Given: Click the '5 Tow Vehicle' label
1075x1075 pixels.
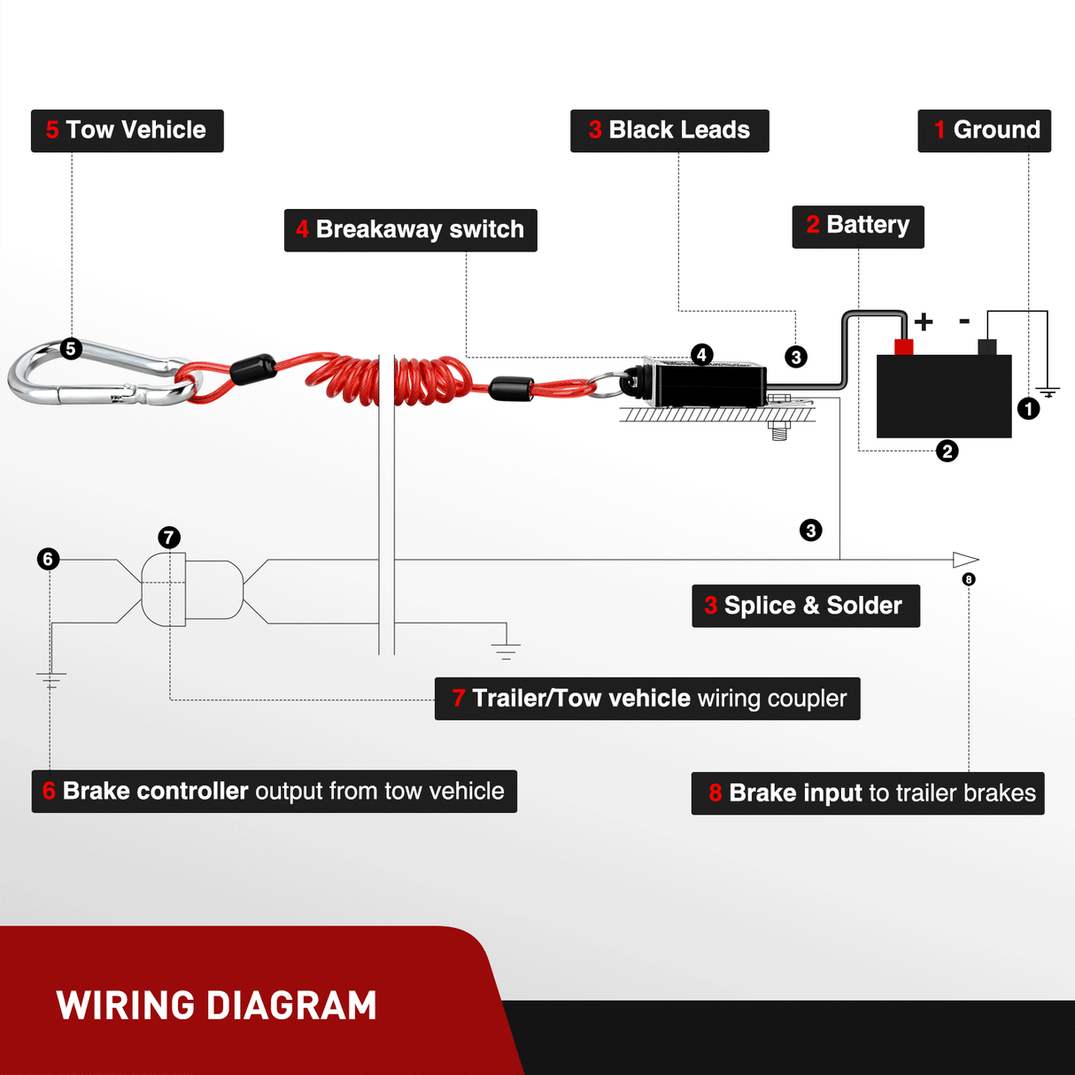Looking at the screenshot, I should point(127,131).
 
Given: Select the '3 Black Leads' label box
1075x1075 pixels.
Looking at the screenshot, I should point(669,131).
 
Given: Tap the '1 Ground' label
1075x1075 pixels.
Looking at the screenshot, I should point(984,131).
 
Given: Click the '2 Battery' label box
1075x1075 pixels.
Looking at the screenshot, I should point(857,227).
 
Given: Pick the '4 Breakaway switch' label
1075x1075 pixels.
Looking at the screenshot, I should point(410,230).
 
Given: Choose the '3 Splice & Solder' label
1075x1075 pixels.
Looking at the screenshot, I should point(805,606).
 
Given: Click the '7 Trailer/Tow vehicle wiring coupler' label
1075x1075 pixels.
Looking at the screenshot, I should point(646,699).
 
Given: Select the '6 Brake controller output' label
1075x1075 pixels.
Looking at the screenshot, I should point(274,792).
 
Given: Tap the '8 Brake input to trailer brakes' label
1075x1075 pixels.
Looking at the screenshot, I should point(867,793).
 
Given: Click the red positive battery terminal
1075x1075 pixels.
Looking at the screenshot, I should point(903,346).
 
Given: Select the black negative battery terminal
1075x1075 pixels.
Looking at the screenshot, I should point(986,347).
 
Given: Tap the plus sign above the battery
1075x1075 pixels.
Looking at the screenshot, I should point(924,321).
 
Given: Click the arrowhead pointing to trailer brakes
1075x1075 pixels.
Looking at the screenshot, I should point(965,560).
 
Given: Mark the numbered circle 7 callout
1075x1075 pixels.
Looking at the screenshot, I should point(169,537).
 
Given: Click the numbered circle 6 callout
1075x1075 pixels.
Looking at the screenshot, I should point(49,559).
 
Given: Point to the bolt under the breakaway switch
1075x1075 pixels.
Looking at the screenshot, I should point(779,430).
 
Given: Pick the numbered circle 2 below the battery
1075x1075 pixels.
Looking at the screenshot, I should point(947,452).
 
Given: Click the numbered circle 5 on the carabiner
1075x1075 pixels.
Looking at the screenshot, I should point(71,349).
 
